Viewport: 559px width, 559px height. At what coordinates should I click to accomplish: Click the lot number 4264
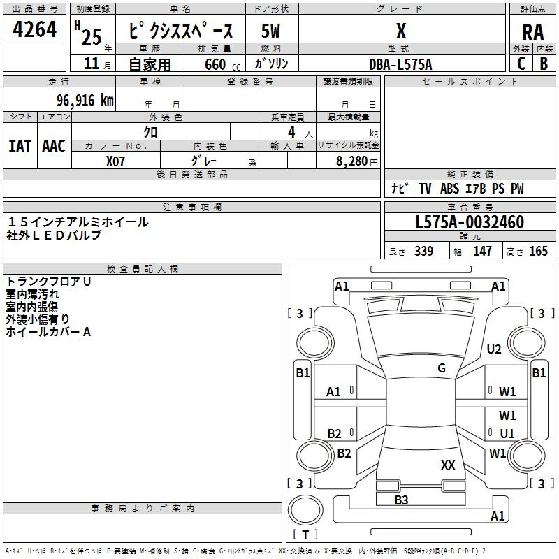pyautogui.click(x=35, y=30)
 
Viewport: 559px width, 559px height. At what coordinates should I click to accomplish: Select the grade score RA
pyautogui.click(x=532, y=32)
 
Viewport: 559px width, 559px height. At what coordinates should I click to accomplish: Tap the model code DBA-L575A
pyautogui.click(x=401, y=64)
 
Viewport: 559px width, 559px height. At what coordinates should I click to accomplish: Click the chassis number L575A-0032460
pyautogui.click(x=469, y=222)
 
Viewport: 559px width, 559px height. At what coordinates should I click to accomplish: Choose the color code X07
pyautogui.click(x=116, y=160)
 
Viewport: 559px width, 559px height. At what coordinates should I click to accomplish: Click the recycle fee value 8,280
pyautogui.click(x=352, y=161)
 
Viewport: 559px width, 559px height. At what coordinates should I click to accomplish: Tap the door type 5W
pyautogui.click(x=271, y=31)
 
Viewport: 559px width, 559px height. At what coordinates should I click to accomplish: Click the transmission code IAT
pyautogui.click(x=20, y=146)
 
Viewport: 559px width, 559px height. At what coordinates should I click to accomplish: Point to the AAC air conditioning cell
pyautogui.click(x=53, y=146)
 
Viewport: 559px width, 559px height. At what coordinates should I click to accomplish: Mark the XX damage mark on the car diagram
pyautogui.click(x=448, y=465)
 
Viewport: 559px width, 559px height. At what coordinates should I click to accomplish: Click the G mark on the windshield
pyautogui.click(x=442, y=368)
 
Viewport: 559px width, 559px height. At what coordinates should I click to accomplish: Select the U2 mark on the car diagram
pyautogui.click(x=494, y=349)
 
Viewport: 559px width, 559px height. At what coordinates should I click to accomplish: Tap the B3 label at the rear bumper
pyautogui.click(x=401, y=500)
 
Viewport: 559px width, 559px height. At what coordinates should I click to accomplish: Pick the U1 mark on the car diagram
pyautogui.click(x=507, y=433)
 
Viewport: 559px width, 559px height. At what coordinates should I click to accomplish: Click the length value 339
pyautogui.click(x=423, y=252)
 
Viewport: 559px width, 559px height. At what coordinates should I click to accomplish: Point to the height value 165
pyautogui.click(x=539, y=252)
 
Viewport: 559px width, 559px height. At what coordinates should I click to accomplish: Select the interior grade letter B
pyautogui.click(x=544, y=64)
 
